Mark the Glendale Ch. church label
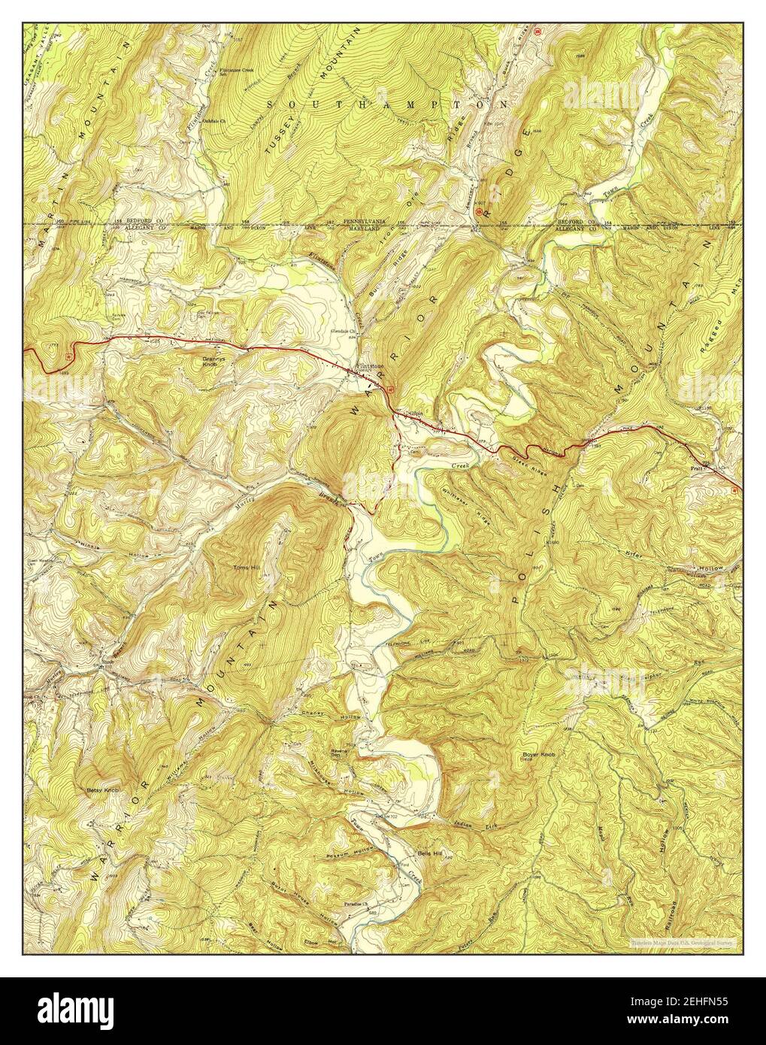(x=343, y=332)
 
